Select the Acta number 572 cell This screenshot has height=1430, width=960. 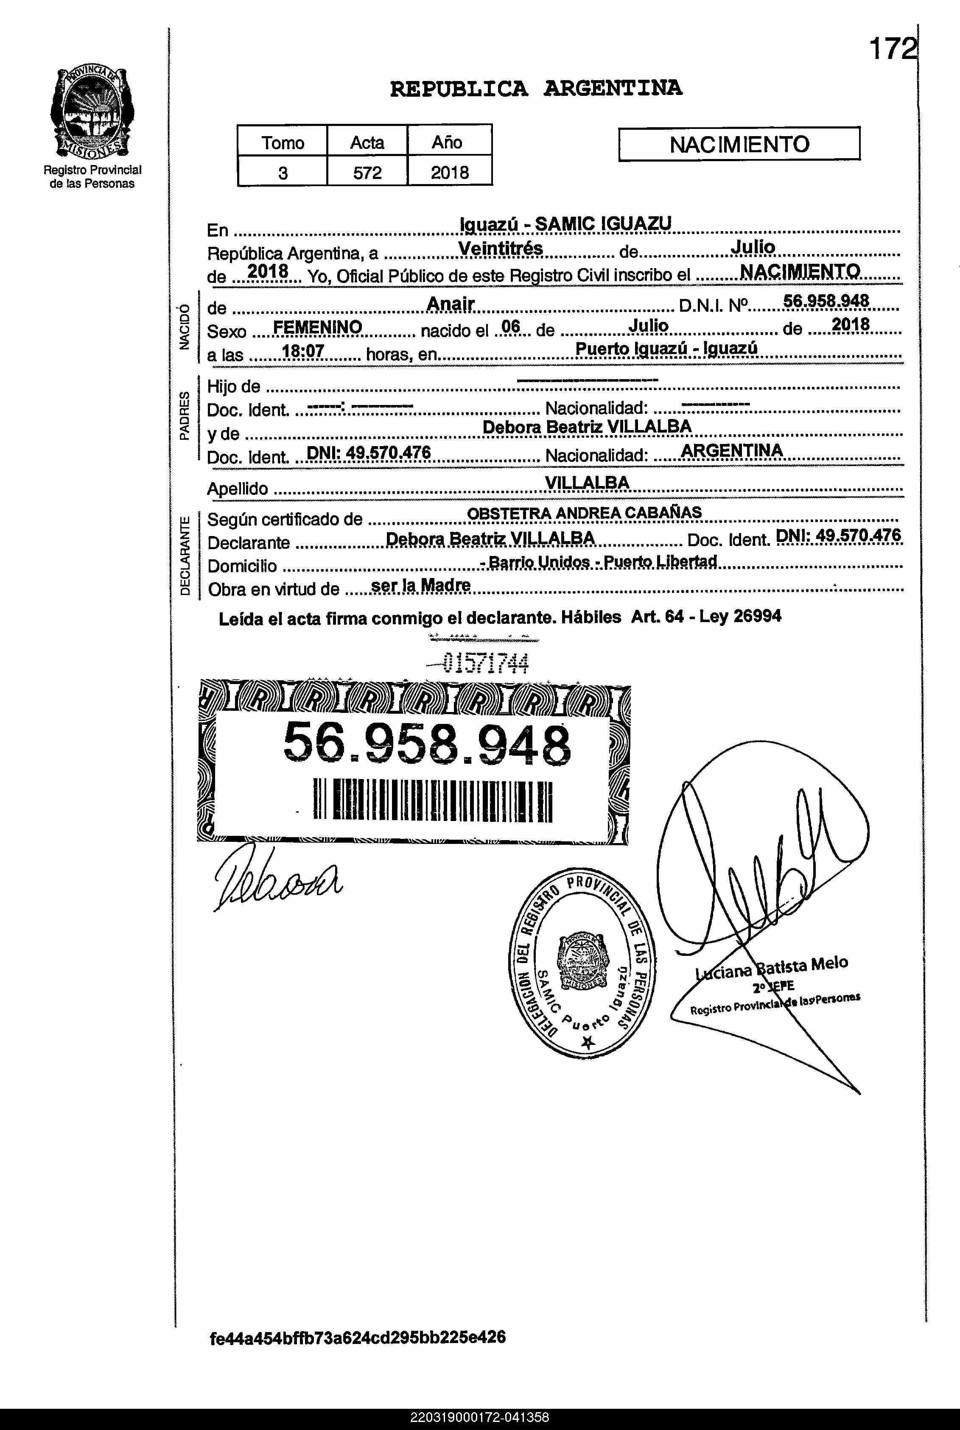tap(367, 173)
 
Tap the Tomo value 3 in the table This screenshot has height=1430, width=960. tap(283, 173)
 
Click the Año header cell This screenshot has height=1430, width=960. tap(447, 142)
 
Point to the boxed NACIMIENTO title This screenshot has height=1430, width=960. tap(739, 145)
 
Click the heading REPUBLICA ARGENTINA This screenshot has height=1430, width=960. tap(536, 89)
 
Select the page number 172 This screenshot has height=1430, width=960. tap(893, 49)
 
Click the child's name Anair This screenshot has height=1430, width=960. tap(451, 304)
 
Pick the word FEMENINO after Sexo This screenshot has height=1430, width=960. tap(317, 327)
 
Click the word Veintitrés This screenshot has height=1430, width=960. tap(500, 249)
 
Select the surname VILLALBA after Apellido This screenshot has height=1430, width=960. tap(587, 483)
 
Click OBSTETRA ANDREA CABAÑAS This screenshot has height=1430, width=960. tap(584, 513)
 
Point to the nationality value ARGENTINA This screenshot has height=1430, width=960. tap(732, 451)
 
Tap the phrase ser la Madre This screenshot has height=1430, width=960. tap(421, 586)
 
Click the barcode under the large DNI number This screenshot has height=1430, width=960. tap(432, 800)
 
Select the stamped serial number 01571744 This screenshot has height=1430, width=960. tap(485, 663)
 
